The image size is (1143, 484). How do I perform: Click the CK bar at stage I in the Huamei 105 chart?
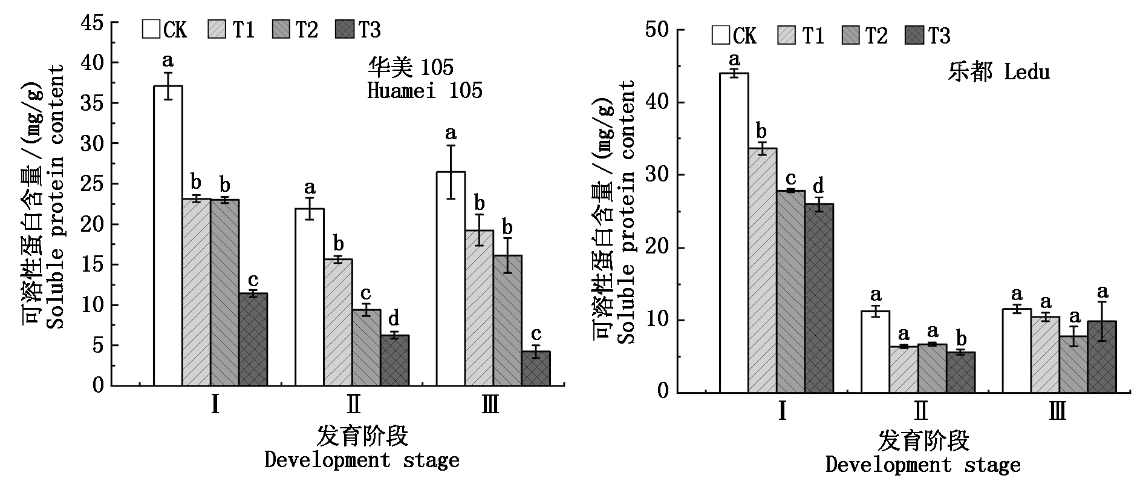168,236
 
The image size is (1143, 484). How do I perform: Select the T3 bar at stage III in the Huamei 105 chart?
535,368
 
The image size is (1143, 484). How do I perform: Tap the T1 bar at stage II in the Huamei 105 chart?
338,322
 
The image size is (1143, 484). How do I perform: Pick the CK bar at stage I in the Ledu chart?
734,233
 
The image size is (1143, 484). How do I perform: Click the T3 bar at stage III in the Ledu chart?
1101,357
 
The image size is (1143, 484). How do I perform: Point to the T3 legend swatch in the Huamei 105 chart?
345,29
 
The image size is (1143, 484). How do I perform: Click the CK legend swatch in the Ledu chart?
721,35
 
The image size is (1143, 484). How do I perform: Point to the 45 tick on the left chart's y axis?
93,23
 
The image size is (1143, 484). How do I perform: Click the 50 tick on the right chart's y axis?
657,30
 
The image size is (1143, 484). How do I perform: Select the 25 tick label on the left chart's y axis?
93,184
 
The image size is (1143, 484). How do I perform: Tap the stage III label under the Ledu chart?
1058,411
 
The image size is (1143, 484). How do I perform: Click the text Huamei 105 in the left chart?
425,91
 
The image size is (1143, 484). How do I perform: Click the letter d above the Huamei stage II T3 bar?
394,318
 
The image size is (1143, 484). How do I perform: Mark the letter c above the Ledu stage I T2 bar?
790,178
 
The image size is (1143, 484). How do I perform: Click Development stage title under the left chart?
362,460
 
